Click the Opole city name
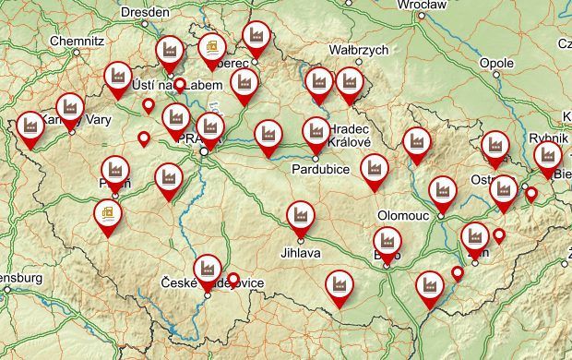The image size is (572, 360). tap(496, 63)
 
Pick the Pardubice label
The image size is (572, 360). tap(318, 170)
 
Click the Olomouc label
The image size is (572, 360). tap(400, 214)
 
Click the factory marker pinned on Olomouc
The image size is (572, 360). tap(443, 191)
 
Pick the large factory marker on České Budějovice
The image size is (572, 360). tap(208, 268)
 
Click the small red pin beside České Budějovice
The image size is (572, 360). tap(233, 278)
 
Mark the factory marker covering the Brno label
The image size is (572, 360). tap(387, 243)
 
